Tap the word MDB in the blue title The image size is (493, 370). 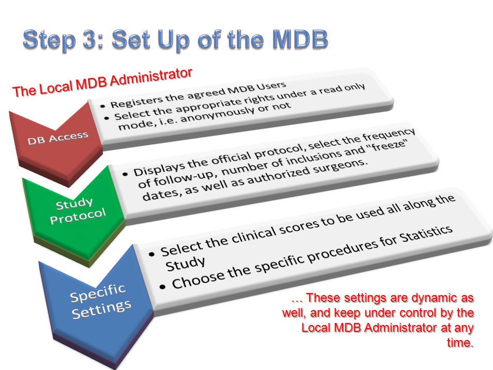click(x=300, y=39)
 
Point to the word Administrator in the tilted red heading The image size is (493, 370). click(x=151, y=77)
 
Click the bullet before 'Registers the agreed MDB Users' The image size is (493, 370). click(x=102, y=106)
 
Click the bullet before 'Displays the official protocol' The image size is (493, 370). click(x=126, y=174)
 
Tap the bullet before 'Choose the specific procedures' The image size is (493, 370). click(x=162, y=287)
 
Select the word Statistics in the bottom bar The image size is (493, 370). click(x=426, y=235)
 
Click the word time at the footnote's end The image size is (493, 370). click(x=460, y=342)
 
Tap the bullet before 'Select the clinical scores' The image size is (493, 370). click(x=152, y=254)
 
